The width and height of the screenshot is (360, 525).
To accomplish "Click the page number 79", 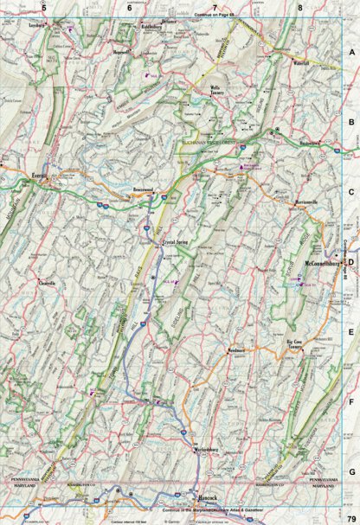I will [350, 516].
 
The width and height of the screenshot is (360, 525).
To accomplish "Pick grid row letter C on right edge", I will [351, 192].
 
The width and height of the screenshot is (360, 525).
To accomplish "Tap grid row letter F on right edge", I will [351, 401].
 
